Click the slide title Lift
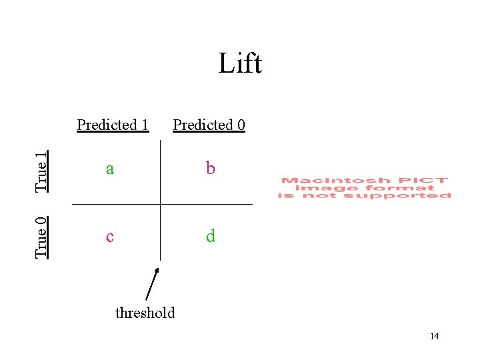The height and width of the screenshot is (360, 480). point(240,64)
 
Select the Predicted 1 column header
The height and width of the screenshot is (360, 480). point(113,125)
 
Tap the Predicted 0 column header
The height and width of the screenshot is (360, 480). point(209,125)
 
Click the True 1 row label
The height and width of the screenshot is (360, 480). point(42,172)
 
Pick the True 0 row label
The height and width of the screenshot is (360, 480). point(42,237)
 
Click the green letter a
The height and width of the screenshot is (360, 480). point(109,169)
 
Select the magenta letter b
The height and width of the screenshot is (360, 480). point(211,169)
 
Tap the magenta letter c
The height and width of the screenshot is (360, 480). point(109,237)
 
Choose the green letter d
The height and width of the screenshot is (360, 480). point(211,236)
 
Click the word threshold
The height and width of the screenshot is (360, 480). point(145,313)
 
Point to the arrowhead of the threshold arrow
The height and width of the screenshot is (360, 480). point(157,270)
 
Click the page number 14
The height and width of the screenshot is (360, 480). point(434,336)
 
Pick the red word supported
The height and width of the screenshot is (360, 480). point(411,195)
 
